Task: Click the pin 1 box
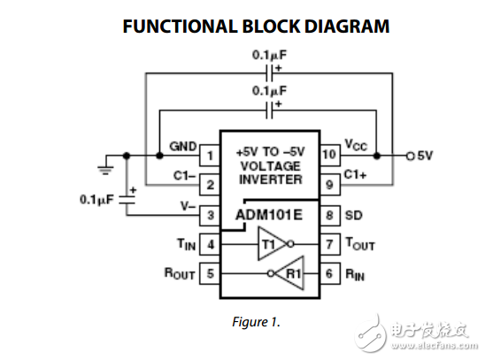(x=210, y=156)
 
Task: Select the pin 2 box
(x=210, y=185)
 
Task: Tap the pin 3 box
(x=210, y=215)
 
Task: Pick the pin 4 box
(x=210, y=244)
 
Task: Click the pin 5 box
(x=210, y=274)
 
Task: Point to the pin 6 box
(x=328, y=274)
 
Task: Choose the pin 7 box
(x=328, y=244)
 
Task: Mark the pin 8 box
(x=328, y=215)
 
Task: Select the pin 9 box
(x=328, y=185)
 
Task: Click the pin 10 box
(x=328, y=156)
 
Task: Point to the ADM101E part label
(x=269, y=215)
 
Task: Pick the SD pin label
(x=352, y=215)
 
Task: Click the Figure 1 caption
(x=255, y=322)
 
